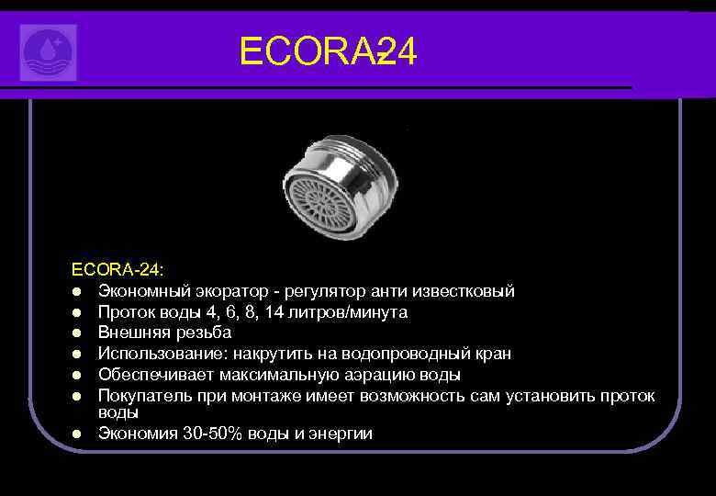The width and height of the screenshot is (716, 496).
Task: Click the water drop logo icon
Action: (49, 51)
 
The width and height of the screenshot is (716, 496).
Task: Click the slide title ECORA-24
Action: (328, 51)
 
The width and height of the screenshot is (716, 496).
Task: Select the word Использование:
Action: (163, 354)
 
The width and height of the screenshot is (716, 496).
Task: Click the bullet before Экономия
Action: (80, 434)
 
